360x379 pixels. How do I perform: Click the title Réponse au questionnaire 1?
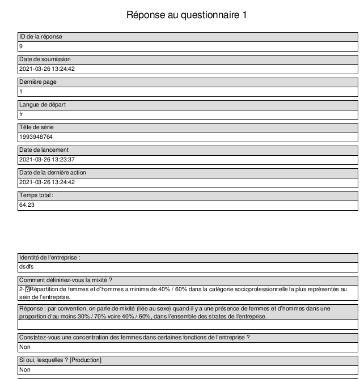coord(187,15)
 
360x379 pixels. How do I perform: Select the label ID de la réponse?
coord(41,37)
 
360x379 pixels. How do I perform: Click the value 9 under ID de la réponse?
coord(21,46)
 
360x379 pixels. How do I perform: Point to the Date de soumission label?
coord(45,59)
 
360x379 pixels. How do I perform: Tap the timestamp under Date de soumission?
coord(47,69)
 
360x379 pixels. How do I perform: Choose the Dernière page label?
coord(38,82)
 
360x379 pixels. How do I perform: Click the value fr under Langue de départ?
coord(22,114)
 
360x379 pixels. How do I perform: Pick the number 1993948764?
coord(36,137)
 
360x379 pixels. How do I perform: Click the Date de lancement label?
coord(45,150)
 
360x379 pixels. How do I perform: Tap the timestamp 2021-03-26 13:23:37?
coord(47,160)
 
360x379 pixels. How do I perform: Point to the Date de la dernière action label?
coord(53,173)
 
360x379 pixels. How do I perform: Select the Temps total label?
coord(36,195)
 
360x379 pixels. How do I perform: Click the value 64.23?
coord(27,205)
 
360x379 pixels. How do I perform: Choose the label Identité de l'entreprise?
coord(50,257)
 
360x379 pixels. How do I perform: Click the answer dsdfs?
coord(26,267)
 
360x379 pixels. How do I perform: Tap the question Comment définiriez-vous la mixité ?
coord(66,280)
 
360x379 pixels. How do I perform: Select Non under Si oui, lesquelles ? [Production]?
coord(24,370)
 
